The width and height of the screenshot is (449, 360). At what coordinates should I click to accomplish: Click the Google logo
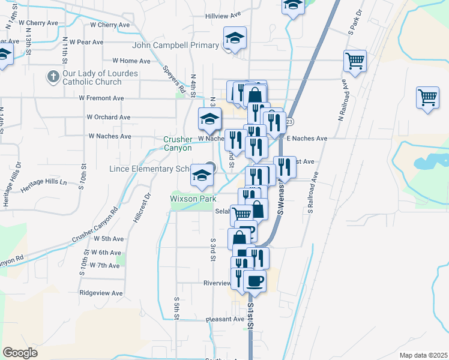[x=20, y=352]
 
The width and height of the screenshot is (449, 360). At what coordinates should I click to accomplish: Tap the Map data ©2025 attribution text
[x=423, y=355]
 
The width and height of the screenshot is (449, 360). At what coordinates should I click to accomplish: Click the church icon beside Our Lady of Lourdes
[x=52, y=77]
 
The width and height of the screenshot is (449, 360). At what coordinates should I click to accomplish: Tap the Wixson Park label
[x=193, y=198]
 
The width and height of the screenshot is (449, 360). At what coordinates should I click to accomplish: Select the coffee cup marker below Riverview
[x=254, y=281]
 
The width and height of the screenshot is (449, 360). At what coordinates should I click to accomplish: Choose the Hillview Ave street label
[x=222, y=16]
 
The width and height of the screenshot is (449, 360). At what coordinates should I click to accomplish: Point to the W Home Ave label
[x=126, y=61]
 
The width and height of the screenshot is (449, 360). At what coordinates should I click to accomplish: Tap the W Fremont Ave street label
[x=101, y=98]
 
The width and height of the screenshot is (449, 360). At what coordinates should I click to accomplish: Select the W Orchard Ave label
[x=109, y=117]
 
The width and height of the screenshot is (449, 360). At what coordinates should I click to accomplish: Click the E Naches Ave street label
[x=306, y=139]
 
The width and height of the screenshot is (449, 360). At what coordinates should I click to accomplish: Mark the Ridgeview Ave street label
[x=104, y=293]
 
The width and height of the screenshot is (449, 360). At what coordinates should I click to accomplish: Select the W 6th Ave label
[x=107, y=253]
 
